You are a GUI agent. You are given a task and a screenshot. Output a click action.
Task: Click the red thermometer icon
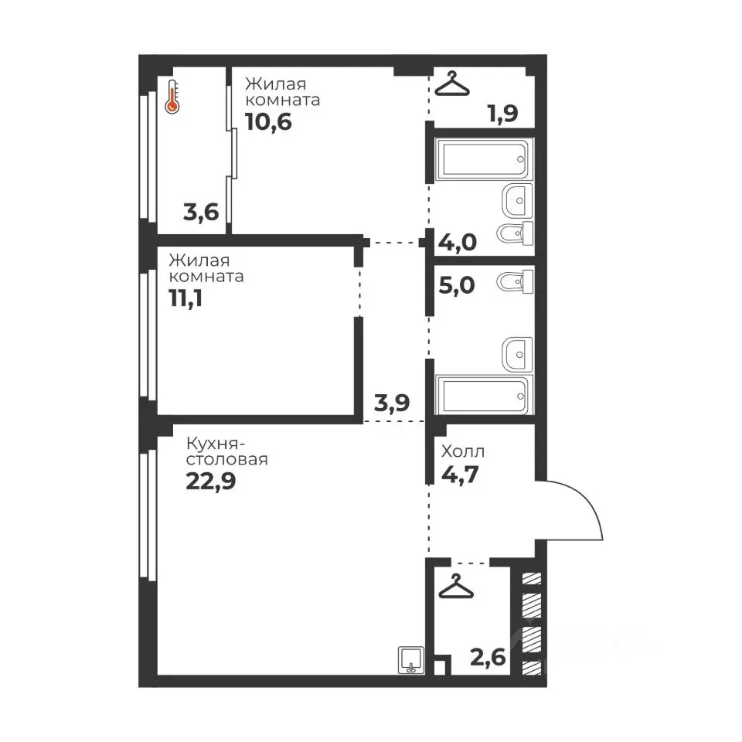point(172,97)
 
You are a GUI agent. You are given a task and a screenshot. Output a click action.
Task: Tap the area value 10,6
point(268,122)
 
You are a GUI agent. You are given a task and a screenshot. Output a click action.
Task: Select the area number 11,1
point(185,298)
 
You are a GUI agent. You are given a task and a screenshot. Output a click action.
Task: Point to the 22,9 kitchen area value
point(210,482)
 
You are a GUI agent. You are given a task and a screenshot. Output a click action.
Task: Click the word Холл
point(463,452)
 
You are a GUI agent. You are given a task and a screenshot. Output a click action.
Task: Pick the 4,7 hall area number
point(460,474)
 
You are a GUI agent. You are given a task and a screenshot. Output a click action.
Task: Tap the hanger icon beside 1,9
point(452,83)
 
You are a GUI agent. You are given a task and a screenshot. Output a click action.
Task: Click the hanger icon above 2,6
point(456,586)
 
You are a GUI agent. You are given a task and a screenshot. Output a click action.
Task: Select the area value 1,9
point(503,114)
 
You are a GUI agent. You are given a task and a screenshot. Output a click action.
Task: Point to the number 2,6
point(488,657)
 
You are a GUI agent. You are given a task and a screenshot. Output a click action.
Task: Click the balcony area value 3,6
point(201,212)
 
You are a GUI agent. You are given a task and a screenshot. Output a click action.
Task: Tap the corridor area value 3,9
point(392,403)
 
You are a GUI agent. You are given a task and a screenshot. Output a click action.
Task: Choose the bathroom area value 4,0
point(458,242)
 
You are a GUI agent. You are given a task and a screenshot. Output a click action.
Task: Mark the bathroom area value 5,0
point(457,285)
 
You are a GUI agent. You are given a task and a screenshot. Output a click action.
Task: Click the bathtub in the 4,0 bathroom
point(484,159)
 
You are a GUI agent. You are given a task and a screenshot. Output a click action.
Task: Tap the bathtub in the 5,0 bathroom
point(484,396)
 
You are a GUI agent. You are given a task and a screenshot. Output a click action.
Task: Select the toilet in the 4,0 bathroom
point(515,233)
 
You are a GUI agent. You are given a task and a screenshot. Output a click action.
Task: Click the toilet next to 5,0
point(515,283)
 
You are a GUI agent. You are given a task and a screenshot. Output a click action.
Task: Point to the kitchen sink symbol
point(411,659)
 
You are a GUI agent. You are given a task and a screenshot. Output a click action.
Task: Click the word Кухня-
point(216,444)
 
